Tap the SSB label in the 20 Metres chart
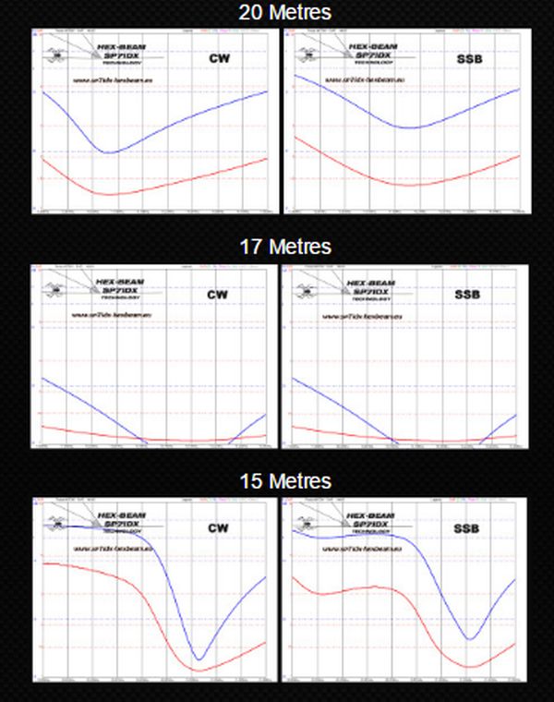click(x=467, y=60)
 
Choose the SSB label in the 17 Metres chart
click(x=467, y=295)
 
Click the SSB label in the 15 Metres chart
click(x=467, y=528)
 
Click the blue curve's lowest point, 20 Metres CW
click(x=109, y=152)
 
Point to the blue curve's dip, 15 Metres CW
click(x=199, y=660)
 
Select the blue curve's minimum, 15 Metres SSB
click(x=471, y=639)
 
